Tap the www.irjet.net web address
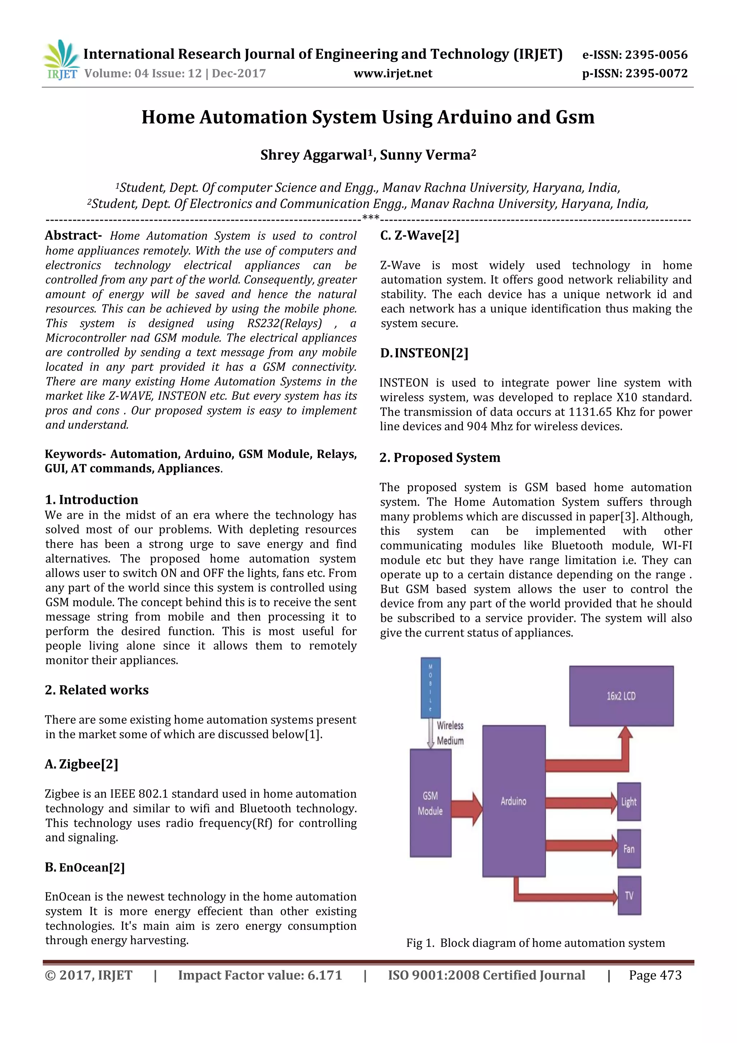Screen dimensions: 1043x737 click(x=393, y=73)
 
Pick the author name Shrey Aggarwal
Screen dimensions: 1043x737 click(x=313, y=155)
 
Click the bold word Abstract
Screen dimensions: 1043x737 click(x=73, y=235)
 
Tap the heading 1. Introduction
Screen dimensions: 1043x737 click(x=91, y=500)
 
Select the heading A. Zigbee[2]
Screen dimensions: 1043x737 click(x=82, y=764)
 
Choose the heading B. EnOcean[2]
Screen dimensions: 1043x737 click(x=85, y=867)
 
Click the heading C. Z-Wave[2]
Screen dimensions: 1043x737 click(x=420, y=235)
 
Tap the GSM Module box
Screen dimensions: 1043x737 click(x=430, y=803)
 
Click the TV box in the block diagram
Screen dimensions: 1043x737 click(x=629, y=895)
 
